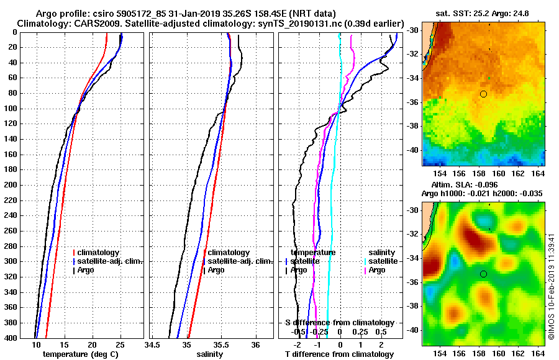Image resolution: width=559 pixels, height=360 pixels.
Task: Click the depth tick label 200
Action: click(11, 185)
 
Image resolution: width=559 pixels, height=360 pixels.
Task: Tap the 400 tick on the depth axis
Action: click(11, 338)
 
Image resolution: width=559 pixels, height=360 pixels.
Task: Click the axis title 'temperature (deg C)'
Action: click(80, 354)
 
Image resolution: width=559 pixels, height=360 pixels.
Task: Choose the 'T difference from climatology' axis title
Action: click(339, 354)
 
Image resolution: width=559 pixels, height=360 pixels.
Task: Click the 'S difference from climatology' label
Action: click(339, 323)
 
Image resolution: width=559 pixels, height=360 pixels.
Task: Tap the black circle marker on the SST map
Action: click(483, 94)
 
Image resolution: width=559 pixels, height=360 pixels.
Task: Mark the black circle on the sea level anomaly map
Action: click(483, 274)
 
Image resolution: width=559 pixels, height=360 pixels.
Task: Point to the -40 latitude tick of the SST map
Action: click(412, 150)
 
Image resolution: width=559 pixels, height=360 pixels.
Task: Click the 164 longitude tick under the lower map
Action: click(539, 353)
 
